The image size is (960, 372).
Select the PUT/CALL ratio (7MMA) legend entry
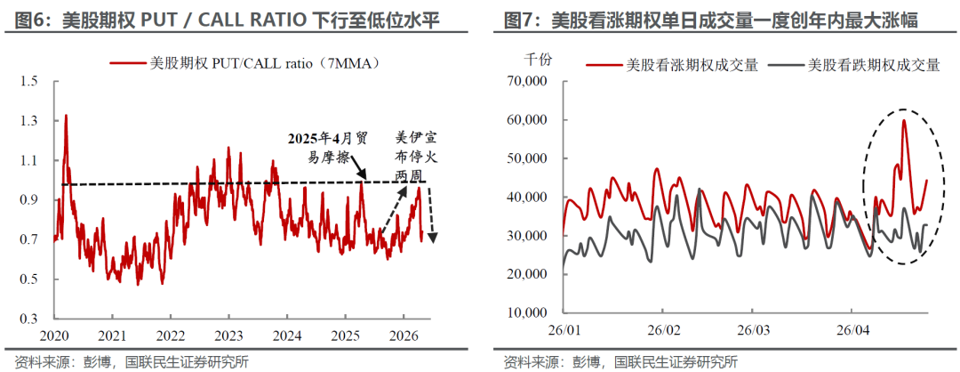[245, 62]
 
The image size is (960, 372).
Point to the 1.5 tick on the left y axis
[31, 81]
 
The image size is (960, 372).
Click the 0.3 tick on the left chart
[31, 318]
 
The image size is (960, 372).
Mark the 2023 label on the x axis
[228, 336]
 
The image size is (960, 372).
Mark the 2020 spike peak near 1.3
[65, 116]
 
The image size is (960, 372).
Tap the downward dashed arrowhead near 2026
[433, 237]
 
